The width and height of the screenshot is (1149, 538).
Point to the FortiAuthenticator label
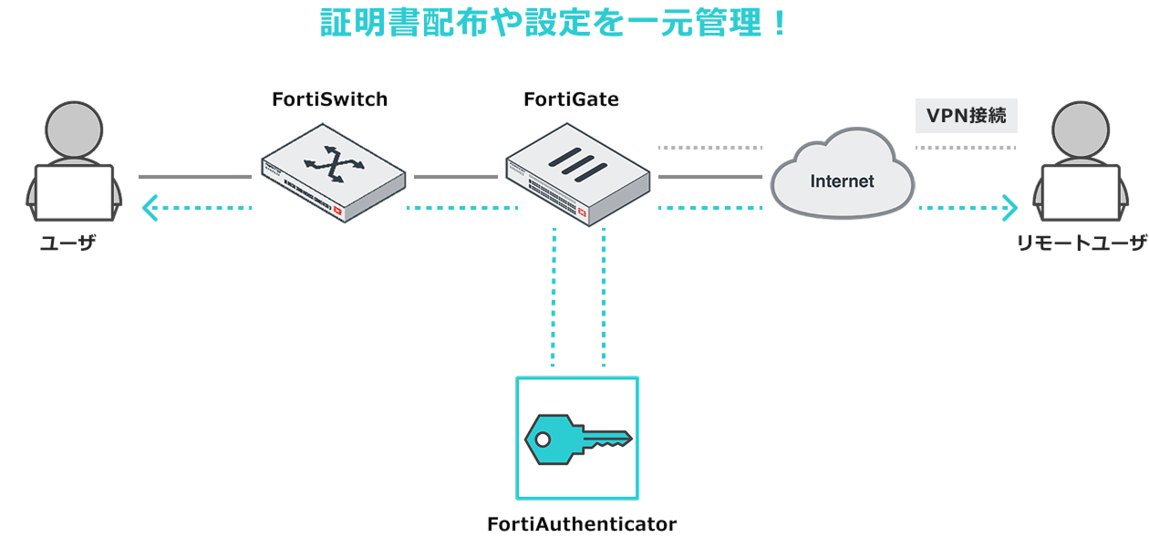(581, 524)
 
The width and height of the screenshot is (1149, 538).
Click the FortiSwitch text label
(329, 99)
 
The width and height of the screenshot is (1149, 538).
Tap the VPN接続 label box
(966, 116)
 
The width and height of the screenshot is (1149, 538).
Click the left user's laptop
(73, 192)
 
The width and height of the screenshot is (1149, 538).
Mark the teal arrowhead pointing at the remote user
(1009, 209)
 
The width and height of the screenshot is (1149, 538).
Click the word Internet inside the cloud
(842, 181)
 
